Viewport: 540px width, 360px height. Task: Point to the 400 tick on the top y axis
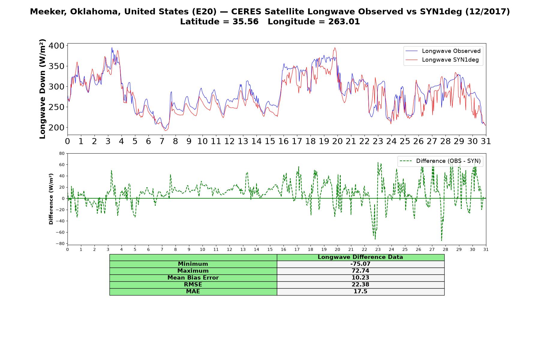pos(57,46)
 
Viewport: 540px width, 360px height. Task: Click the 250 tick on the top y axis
pos(57,107)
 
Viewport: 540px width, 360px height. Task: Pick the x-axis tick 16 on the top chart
pos(283,141)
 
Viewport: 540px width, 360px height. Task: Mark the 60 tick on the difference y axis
pos(62,165)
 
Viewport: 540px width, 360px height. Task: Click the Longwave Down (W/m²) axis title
pos(42,89)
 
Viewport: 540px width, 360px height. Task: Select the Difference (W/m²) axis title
pos(51,199)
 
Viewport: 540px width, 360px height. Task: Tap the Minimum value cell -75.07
pos(360,264)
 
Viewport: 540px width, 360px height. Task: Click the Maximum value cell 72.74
pos(360,271)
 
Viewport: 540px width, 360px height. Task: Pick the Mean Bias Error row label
pos(193,278)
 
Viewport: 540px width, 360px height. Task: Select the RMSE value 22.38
pos(360,285)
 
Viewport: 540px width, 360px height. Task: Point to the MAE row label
pos(193,292)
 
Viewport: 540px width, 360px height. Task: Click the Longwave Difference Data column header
pos(360,257)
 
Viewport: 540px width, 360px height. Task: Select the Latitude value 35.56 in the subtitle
pos(245,22)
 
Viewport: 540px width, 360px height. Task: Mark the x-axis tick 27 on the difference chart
pos(432,249)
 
